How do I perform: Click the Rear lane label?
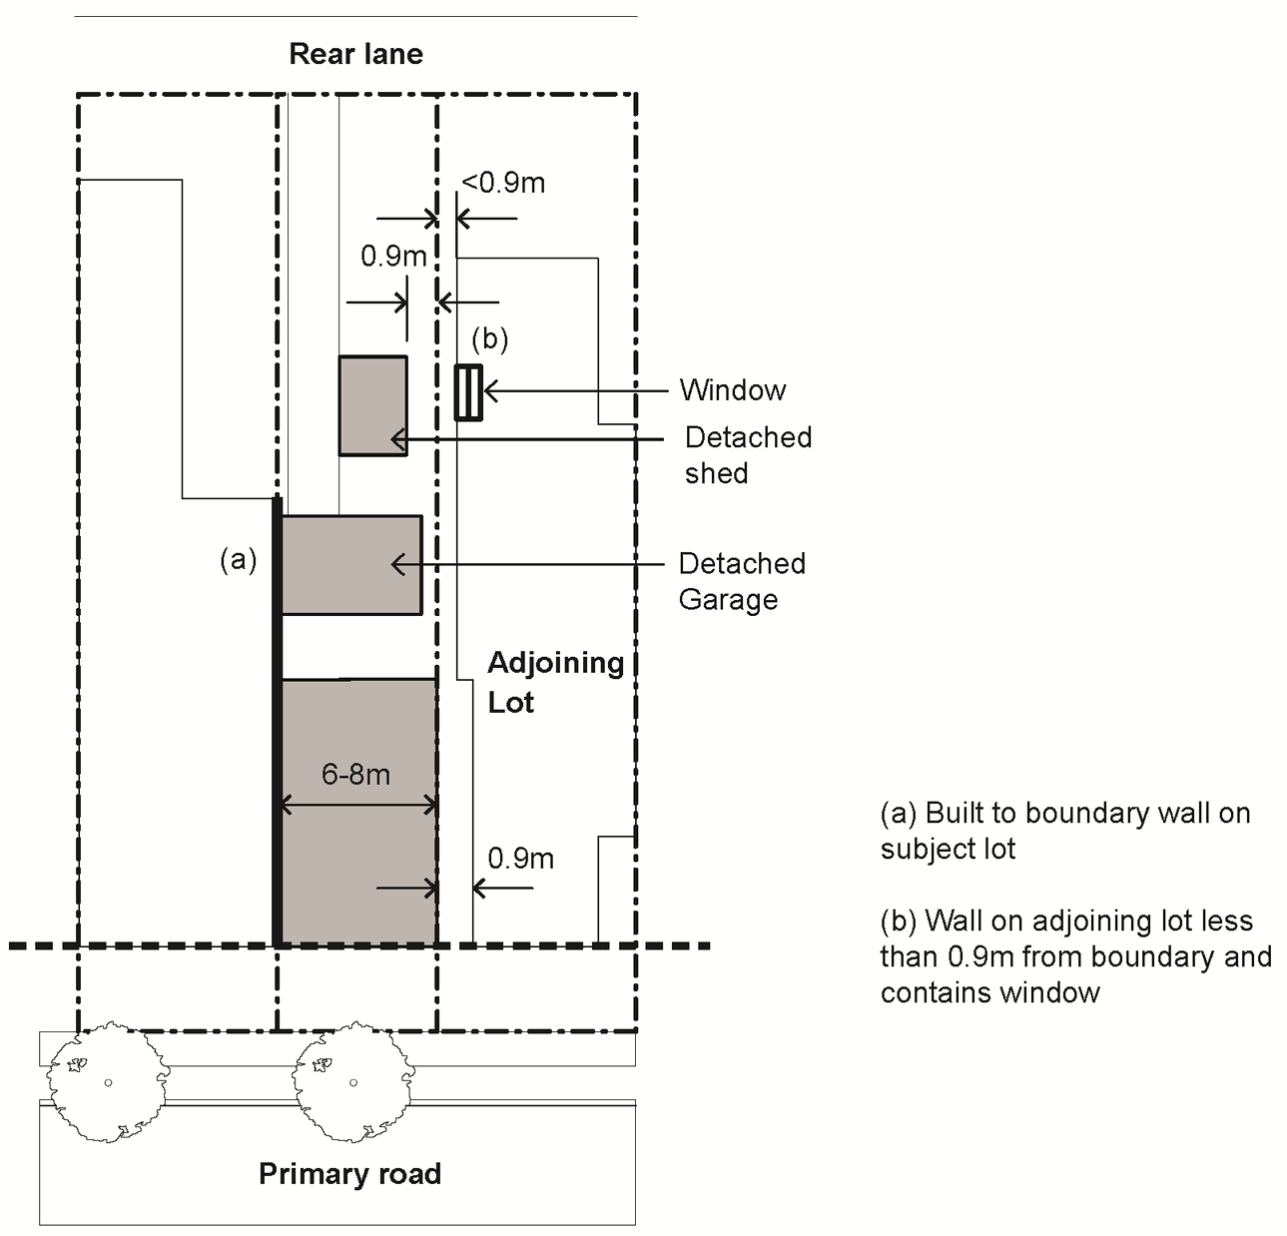tap(355, 54)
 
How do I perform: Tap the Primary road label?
tap(349, 1173)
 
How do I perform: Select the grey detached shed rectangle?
tap(372, 405)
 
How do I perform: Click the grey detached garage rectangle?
tap(351, 565)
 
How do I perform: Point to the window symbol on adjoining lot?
tap(468, 392)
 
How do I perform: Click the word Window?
tap(732, 390)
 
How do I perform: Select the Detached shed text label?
tap(748, 454)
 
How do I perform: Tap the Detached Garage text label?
tap(742, 581)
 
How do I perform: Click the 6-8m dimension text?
tap(355, 774)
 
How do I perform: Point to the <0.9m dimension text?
tap(502, 183)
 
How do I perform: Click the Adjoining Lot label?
tap(555, 682)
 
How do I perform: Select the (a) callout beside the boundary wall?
tap(238, 560)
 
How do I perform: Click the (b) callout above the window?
tap(489, 339)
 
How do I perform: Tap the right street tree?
tap(351, 1081)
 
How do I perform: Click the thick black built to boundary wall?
tap(278, 719)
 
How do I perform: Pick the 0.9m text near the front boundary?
tap(520, 859)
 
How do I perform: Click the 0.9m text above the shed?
tap(393, 257)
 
